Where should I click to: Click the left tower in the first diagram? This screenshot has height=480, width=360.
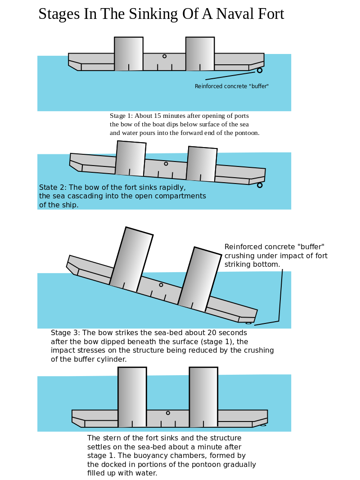(129, 54)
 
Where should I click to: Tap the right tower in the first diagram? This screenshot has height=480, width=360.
(200, 54)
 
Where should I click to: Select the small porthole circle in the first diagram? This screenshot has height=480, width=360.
(164, 56)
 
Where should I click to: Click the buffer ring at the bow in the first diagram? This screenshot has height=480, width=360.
(260, 70)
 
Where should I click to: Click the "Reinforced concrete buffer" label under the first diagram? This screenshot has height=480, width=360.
(231, 86)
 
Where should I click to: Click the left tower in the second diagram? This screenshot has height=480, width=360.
(130, 158)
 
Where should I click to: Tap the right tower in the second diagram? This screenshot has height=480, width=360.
(202, 164)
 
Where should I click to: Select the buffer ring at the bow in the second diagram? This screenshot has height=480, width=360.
(260, 185)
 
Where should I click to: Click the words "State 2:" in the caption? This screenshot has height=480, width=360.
(53, 188)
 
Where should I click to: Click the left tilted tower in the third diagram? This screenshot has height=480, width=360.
(131, 260)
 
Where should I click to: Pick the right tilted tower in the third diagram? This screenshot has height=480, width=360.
(200, 279)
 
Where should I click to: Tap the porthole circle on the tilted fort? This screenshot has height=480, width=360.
(161, 285)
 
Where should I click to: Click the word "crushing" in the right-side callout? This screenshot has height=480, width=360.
(239, 256)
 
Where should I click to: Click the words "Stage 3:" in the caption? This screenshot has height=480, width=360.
(65, 333)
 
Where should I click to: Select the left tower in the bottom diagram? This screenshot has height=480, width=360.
(132, 397)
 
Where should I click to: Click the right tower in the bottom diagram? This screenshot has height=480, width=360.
(203, 397)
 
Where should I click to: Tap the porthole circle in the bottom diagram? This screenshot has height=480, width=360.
(168, 413)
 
